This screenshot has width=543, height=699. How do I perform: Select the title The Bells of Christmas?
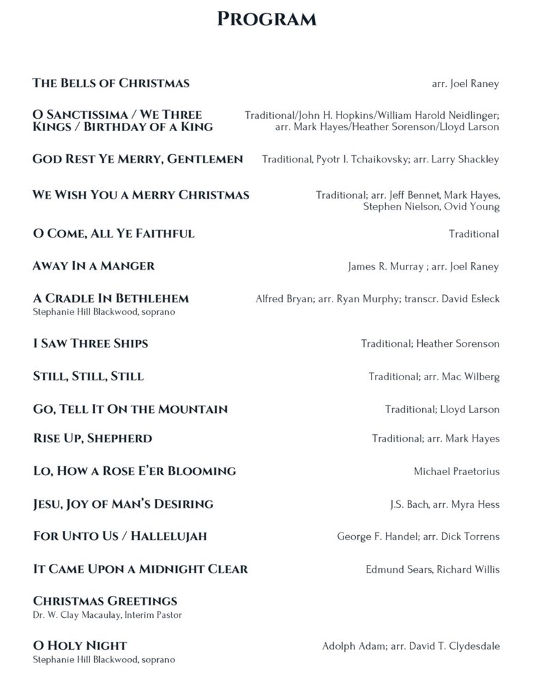click(x=111, y=83)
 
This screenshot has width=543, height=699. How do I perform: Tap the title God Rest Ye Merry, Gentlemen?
click(x=137, y=159)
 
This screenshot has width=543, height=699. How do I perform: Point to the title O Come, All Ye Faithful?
click(x=113, y=233)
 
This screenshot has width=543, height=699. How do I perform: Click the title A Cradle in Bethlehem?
click(x=111, y=298)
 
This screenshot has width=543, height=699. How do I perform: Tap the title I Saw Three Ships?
click(x=90, y=343)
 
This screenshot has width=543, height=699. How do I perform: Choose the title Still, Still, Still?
click(x=88, y=377)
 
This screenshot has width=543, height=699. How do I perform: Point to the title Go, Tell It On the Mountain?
click(x=130, y=410)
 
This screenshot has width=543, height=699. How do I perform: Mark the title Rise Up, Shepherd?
click(x=92, y=438)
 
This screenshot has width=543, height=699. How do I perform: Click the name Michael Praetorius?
click(x=456, y=472)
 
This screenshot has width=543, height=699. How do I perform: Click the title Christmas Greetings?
click(x=105, y=601)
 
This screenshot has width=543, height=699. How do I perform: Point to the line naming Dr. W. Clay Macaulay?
click(x=107, y=615)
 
